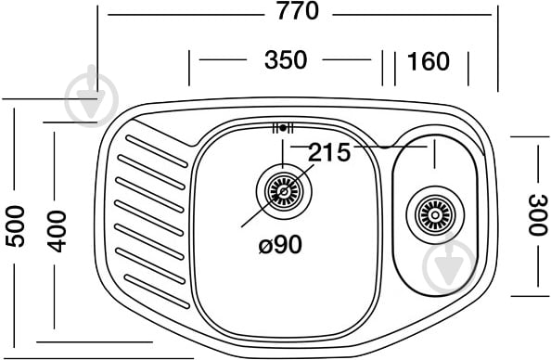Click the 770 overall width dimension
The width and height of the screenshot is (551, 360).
click(x=298, y=11)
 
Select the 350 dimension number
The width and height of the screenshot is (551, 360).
click(x=286, y=59)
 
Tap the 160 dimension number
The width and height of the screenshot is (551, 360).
click(x=428, y=61)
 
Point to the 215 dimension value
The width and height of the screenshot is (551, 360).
click(x=329, y=152)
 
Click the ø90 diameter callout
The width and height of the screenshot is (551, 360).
click(x=280, y=244)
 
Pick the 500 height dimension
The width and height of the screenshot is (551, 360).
click(x=16, y=226)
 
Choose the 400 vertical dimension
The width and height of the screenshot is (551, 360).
click(x=57, y=231)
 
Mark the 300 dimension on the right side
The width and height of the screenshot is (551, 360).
click(x=538, y=215)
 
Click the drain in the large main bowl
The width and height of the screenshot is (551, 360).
click(x=284, y=192)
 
